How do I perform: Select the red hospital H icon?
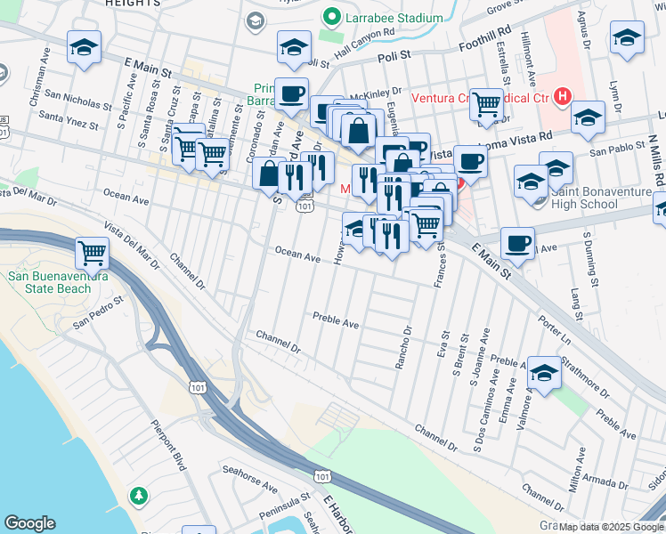point(562,96)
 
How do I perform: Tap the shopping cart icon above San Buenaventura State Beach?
point(92,253)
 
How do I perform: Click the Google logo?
point(29,523)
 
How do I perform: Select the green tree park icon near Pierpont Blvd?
point(138,494)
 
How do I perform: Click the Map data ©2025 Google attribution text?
point(611,527)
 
